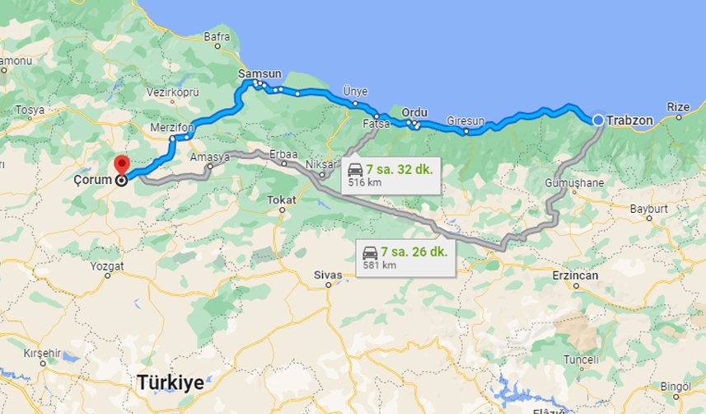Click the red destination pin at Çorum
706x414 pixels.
point(121,165)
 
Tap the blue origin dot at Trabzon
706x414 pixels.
point(598,120)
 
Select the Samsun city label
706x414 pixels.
point(259,74)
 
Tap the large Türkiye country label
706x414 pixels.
point(171,383)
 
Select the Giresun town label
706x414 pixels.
point(465,120)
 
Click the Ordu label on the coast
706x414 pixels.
point(415,112)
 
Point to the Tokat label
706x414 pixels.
point(282,200)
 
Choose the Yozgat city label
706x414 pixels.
point(108,266)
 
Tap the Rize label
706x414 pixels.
point(677,107)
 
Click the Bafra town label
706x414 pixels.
point(217,37)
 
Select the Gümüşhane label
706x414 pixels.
point(575,182)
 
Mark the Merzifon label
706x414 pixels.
point(172,128)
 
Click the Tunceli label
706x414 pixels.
point(580,360)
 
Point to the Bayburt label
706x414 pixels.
point(648,209)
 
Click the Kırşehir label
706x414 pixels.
point(42,353)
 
